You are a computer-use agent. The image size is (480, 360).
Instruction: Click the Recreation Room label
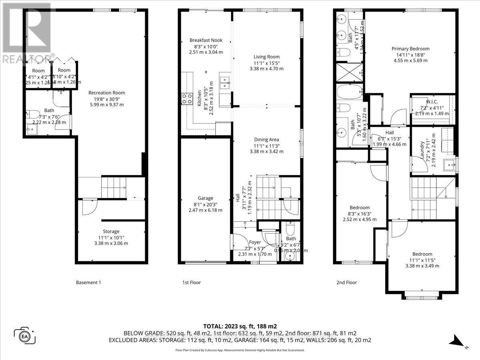[x=106, y=92]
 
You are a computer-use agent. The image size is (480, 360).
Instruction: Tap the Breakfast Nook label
[x=206, y=40]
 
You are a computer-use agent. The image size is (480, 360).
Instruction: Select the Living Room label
[x=266, y=57]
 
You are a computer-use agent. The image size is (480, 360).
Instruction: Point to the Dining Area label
[x=266, y=140]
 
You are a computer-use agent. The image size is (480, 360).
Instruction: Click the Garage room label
[x=205, y=198]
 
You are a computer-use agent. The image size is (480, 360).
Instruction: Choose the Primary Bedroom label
[x=410, y=49]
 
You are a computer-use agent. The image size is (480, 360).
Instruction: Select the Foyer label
[x=255, y=242]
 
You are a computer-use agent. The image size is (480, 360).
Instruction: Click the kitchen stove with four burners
[x=187, y=99]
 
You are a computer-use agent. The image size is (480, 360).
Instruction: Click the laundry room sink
[x=448, y=164]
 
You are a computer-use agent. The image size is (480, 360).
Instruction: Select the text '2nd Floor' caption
[x=346, y=282]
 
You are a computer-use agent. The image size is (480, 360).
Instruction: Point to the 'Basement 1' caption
[x=88, y=282]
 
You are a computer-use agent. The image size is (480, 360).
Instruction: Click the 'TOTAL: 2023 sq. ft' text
[x=240, y=326]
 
